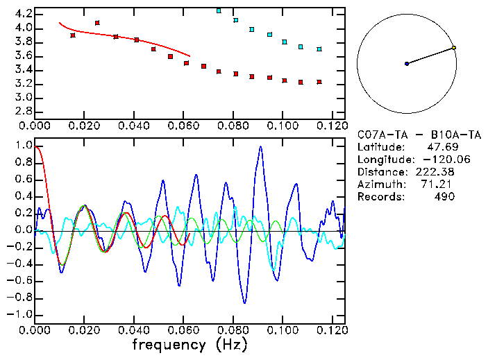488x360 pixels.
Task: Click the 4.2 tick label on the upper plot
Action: click(23, 14)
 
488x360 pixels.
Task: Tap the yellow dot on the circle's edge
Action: click(454, 48)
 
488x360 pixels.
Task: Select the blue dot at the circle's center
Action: click(407, 64)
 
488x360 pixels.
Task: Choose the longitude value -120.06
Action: click(435, 160)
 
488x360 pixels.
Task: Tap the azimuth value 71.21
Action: click(440, 185)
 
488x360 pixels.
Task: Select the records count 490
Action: click(444, 197)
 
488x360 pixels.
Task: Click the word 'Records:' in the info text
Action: click(380, 197)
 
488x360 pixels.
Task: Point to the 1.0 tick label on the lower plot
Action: click(23, 146)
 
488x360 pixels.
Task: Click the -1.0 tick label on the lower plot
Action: click(20, 314)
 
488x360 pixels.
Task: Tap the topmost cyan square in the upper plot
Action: click(219, 10)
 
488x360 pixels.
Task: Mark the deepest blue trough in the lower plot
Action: click(244, 302)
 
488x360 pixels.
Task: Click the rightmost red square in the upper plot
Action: click(319, 82)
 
